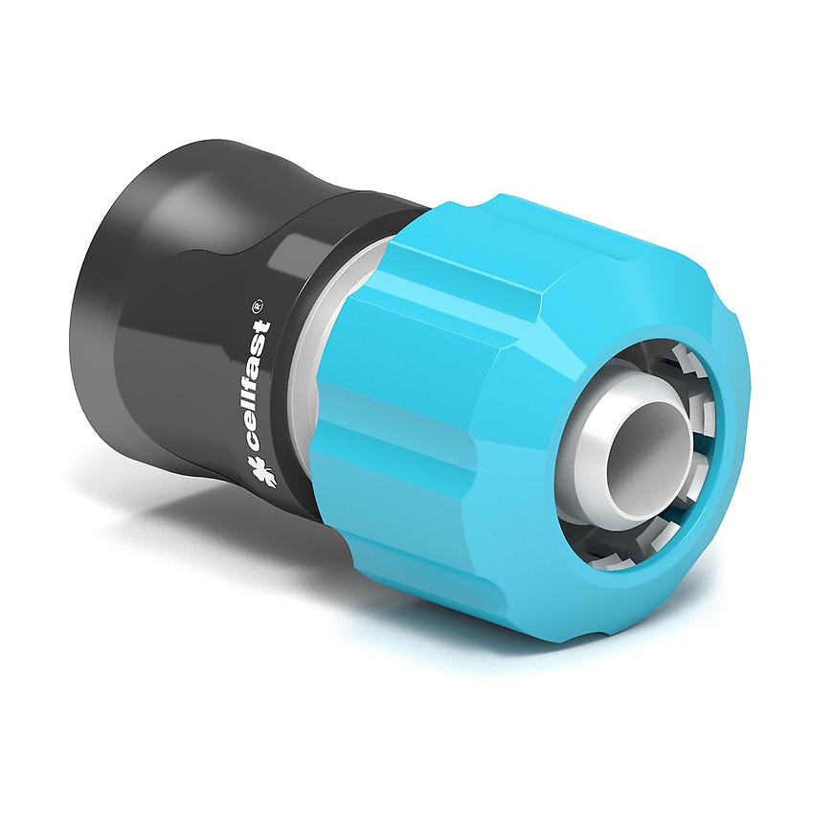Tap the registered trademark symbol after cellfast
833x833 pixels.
(259, 305)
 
